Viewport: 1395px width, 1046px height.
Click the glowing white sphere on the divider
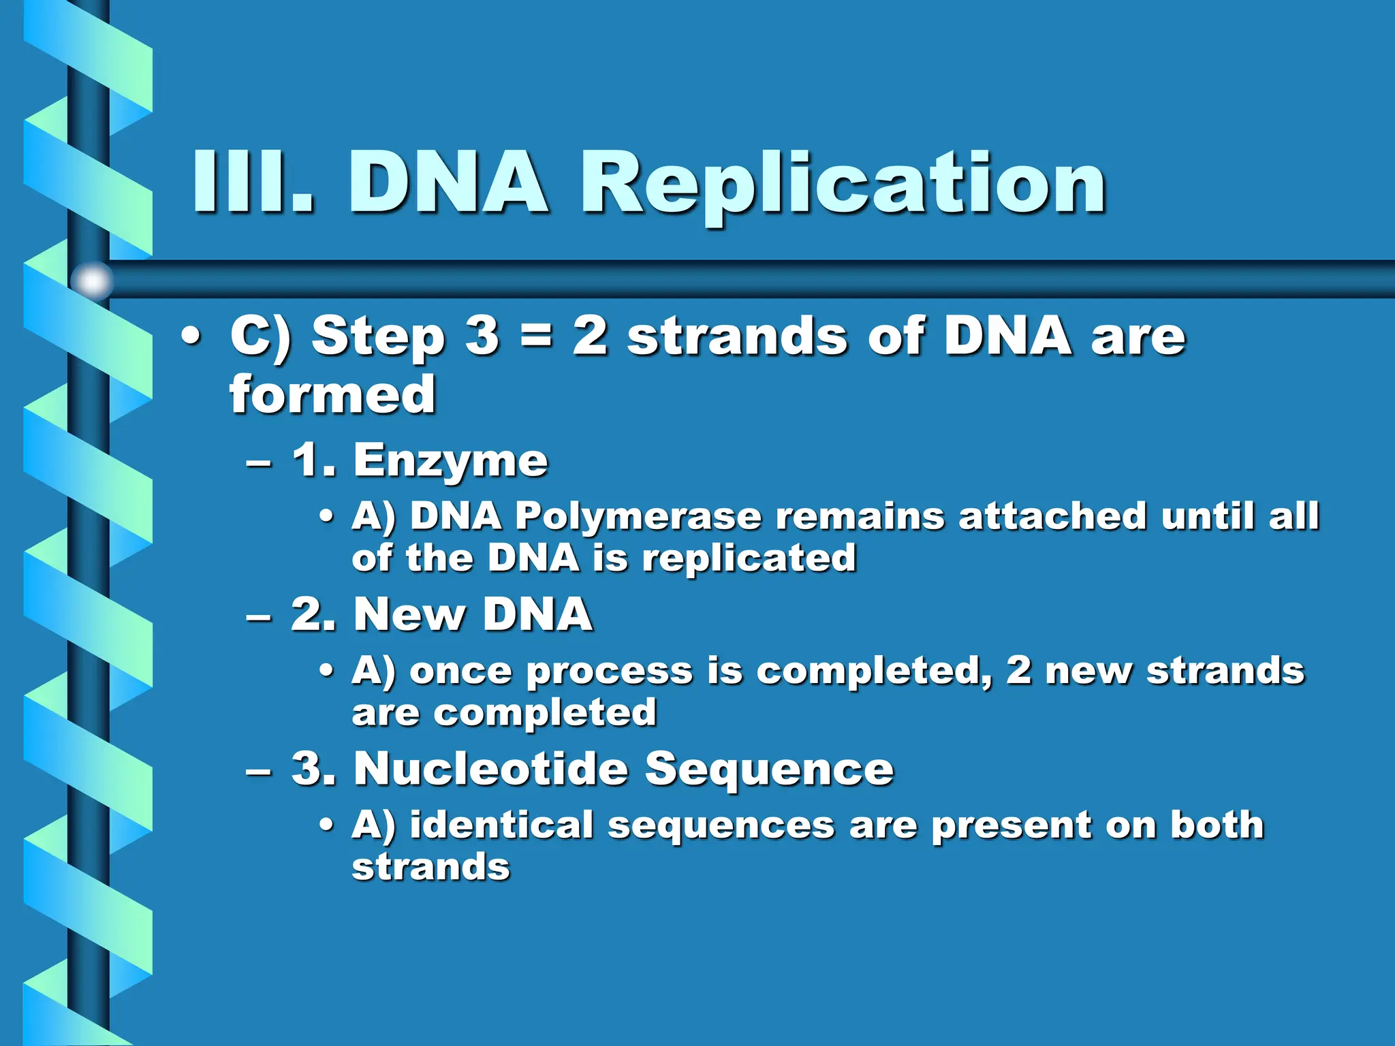pos(93,281)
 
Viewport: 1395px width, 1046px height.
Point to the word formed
pos(332,395)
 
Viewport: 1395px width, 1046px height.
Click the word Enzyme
pos(450,461)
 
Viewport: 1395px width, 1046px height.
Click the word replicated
pos(749,559)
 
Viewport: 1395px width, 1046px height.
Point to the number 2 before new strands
pos(1018,670)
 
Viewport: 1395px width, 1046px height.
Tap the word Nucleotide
pos(491,769)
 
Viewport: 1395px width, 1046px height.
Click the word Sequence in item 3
pos(769,770)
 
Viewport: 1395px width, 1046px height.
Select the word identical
pos(501,825)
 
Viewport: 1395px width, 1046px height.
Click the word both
pos(1217,825)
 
